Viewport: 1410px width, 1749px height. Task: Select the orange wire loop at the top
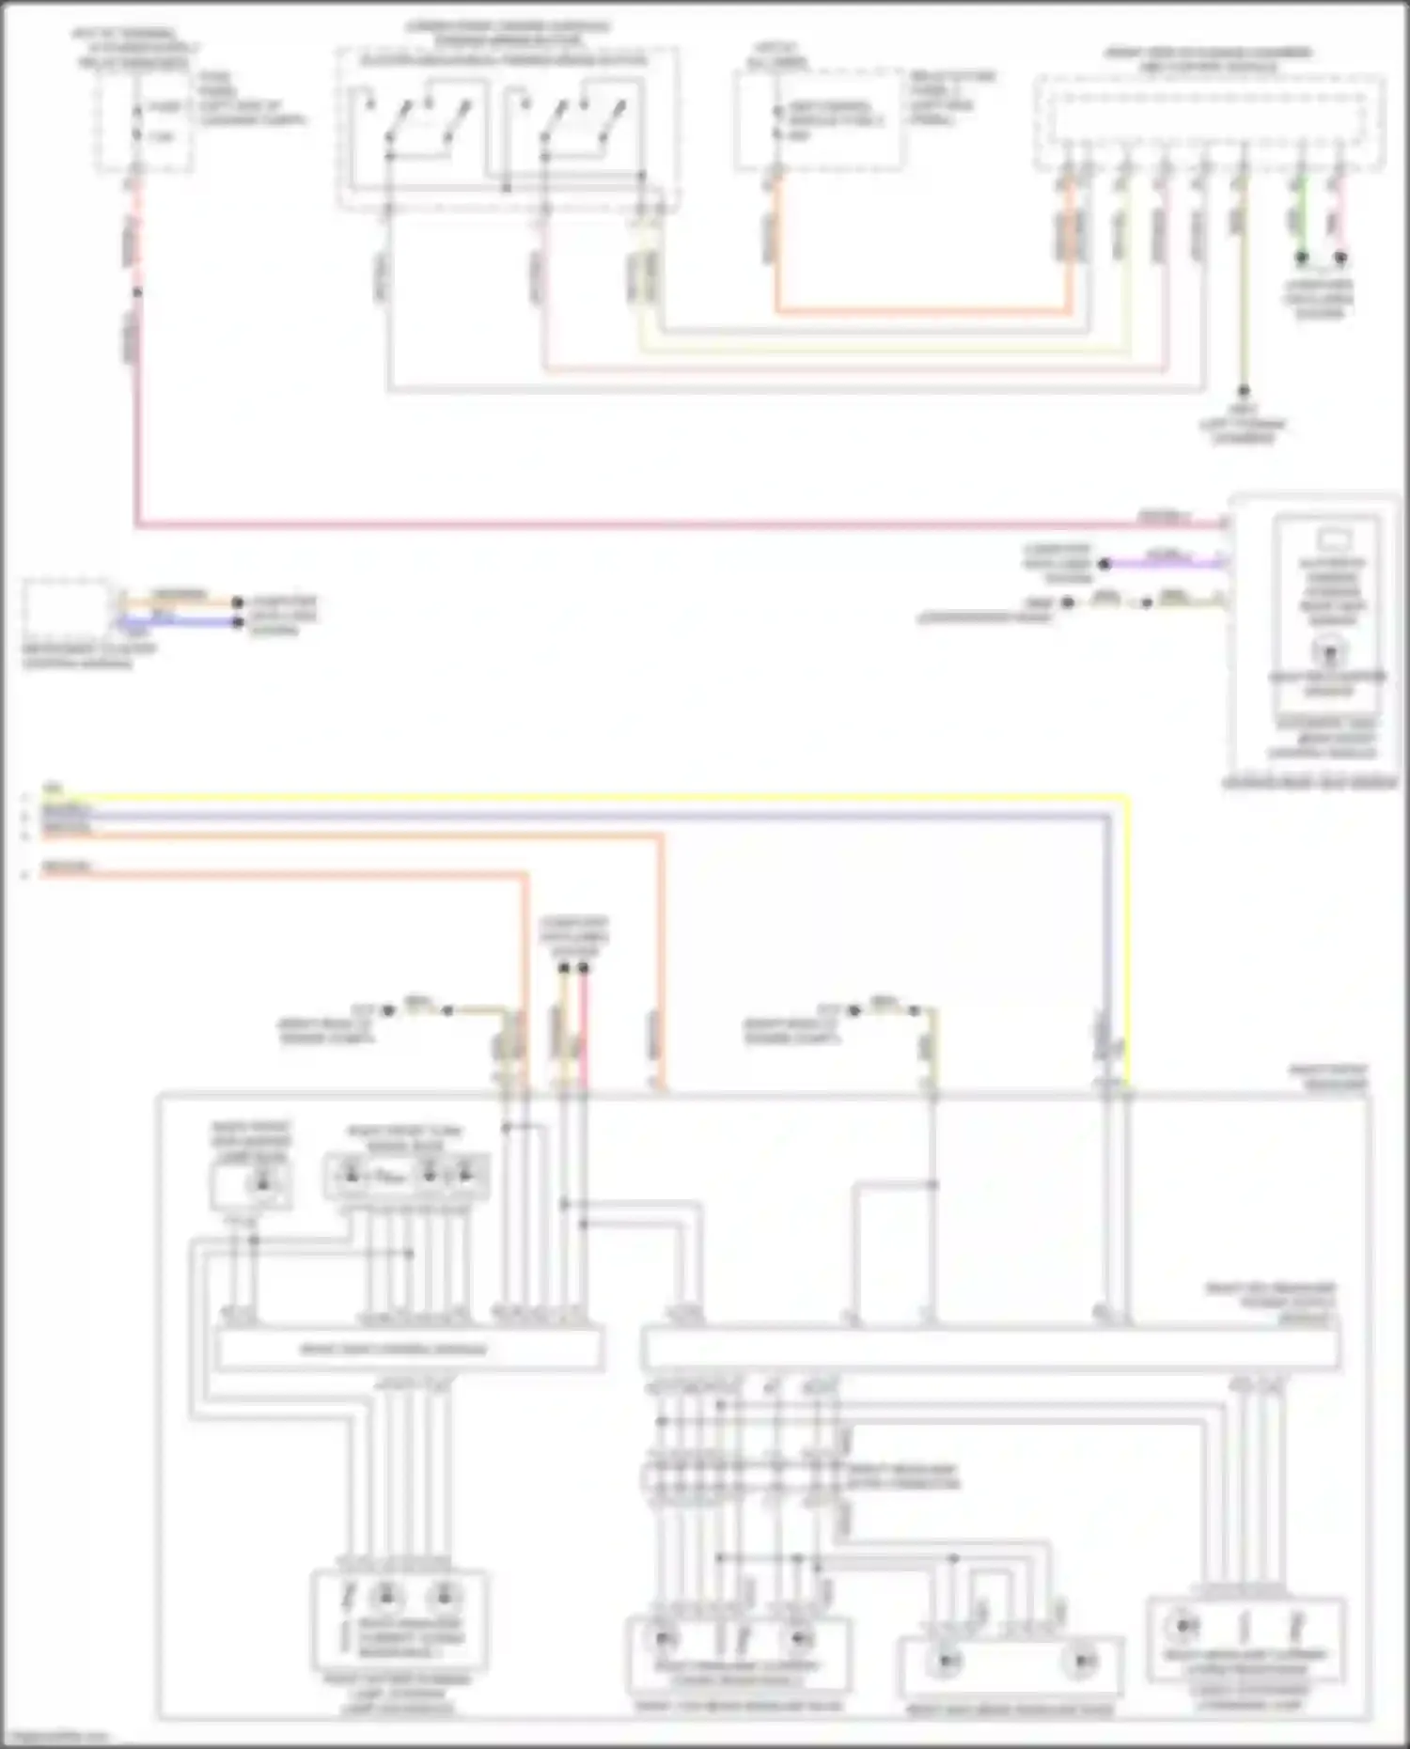[921, 310]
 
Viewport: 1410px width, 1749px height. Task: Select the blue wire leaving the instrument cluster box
[179, 621]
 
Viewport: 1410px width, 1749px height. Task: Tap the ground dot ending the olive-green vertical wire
[1243, 390]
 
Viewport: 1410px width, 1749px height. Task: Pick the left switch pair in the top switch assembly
[418, 127]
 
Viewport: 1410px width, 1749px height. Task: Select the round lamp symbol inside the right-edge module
[1328, 650]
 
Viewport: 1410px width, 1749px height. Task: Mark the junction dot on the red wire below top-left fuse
[137, 292]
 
